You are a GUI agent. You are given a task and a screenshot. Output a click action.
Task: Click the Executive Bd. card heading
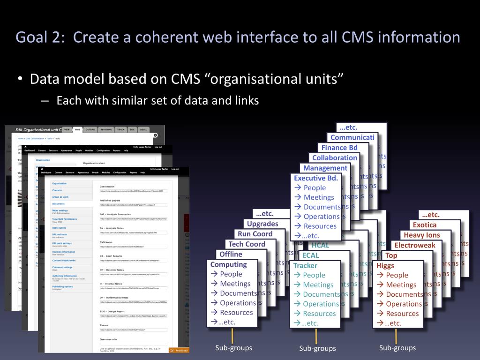click(315, 178)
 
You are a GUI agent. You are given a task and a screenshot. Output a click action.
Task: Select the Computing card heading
click(228, 264)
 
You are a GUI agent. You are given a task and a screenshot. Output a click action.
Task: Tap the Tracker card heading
click(305, 265)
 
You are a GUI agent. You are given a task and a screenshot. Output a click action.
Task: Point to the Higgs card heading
click(385, 265)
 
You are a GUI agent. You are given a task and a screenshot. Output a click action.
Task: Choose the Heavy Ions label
click(421, 235)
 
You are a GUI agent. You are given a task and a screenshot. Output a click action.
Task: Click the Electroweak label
click(415, 245)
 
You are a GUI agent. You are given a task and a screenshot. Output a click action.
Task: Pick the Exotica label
click(424, 225)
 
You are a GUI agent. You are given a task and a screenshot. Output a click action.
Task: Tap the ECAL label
click(310, 255)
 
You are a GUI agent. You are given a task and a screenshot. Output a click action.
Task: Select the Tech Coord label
click(247, 244)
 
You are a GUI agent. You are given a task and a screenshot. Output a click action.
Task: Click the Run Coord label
click(255, 234)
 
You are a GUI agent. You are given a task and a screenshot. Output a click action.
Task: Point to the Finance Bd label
click(339, 148)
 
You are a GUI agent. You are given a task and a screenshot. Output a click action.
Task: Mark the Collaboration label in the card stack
click(335, 158)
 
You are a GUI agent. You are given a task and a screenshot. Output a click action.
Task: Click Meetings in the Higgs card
click(401, 285)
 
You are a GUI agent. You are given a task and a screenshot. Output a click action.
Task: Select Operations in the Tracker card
click(321, 304)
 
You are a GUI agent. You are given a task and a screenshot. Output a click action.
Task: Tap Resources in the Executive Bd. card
click(320, 226)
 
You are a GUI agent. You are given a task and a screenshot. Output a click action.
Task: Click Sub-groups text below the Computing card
click(233, 348)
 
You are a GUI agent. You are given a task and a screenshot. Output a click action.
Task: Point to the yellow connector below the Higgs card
click(396, 336)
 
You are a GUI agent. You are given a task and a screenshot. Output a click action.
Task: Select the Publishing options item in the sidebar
click(62, 286)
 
